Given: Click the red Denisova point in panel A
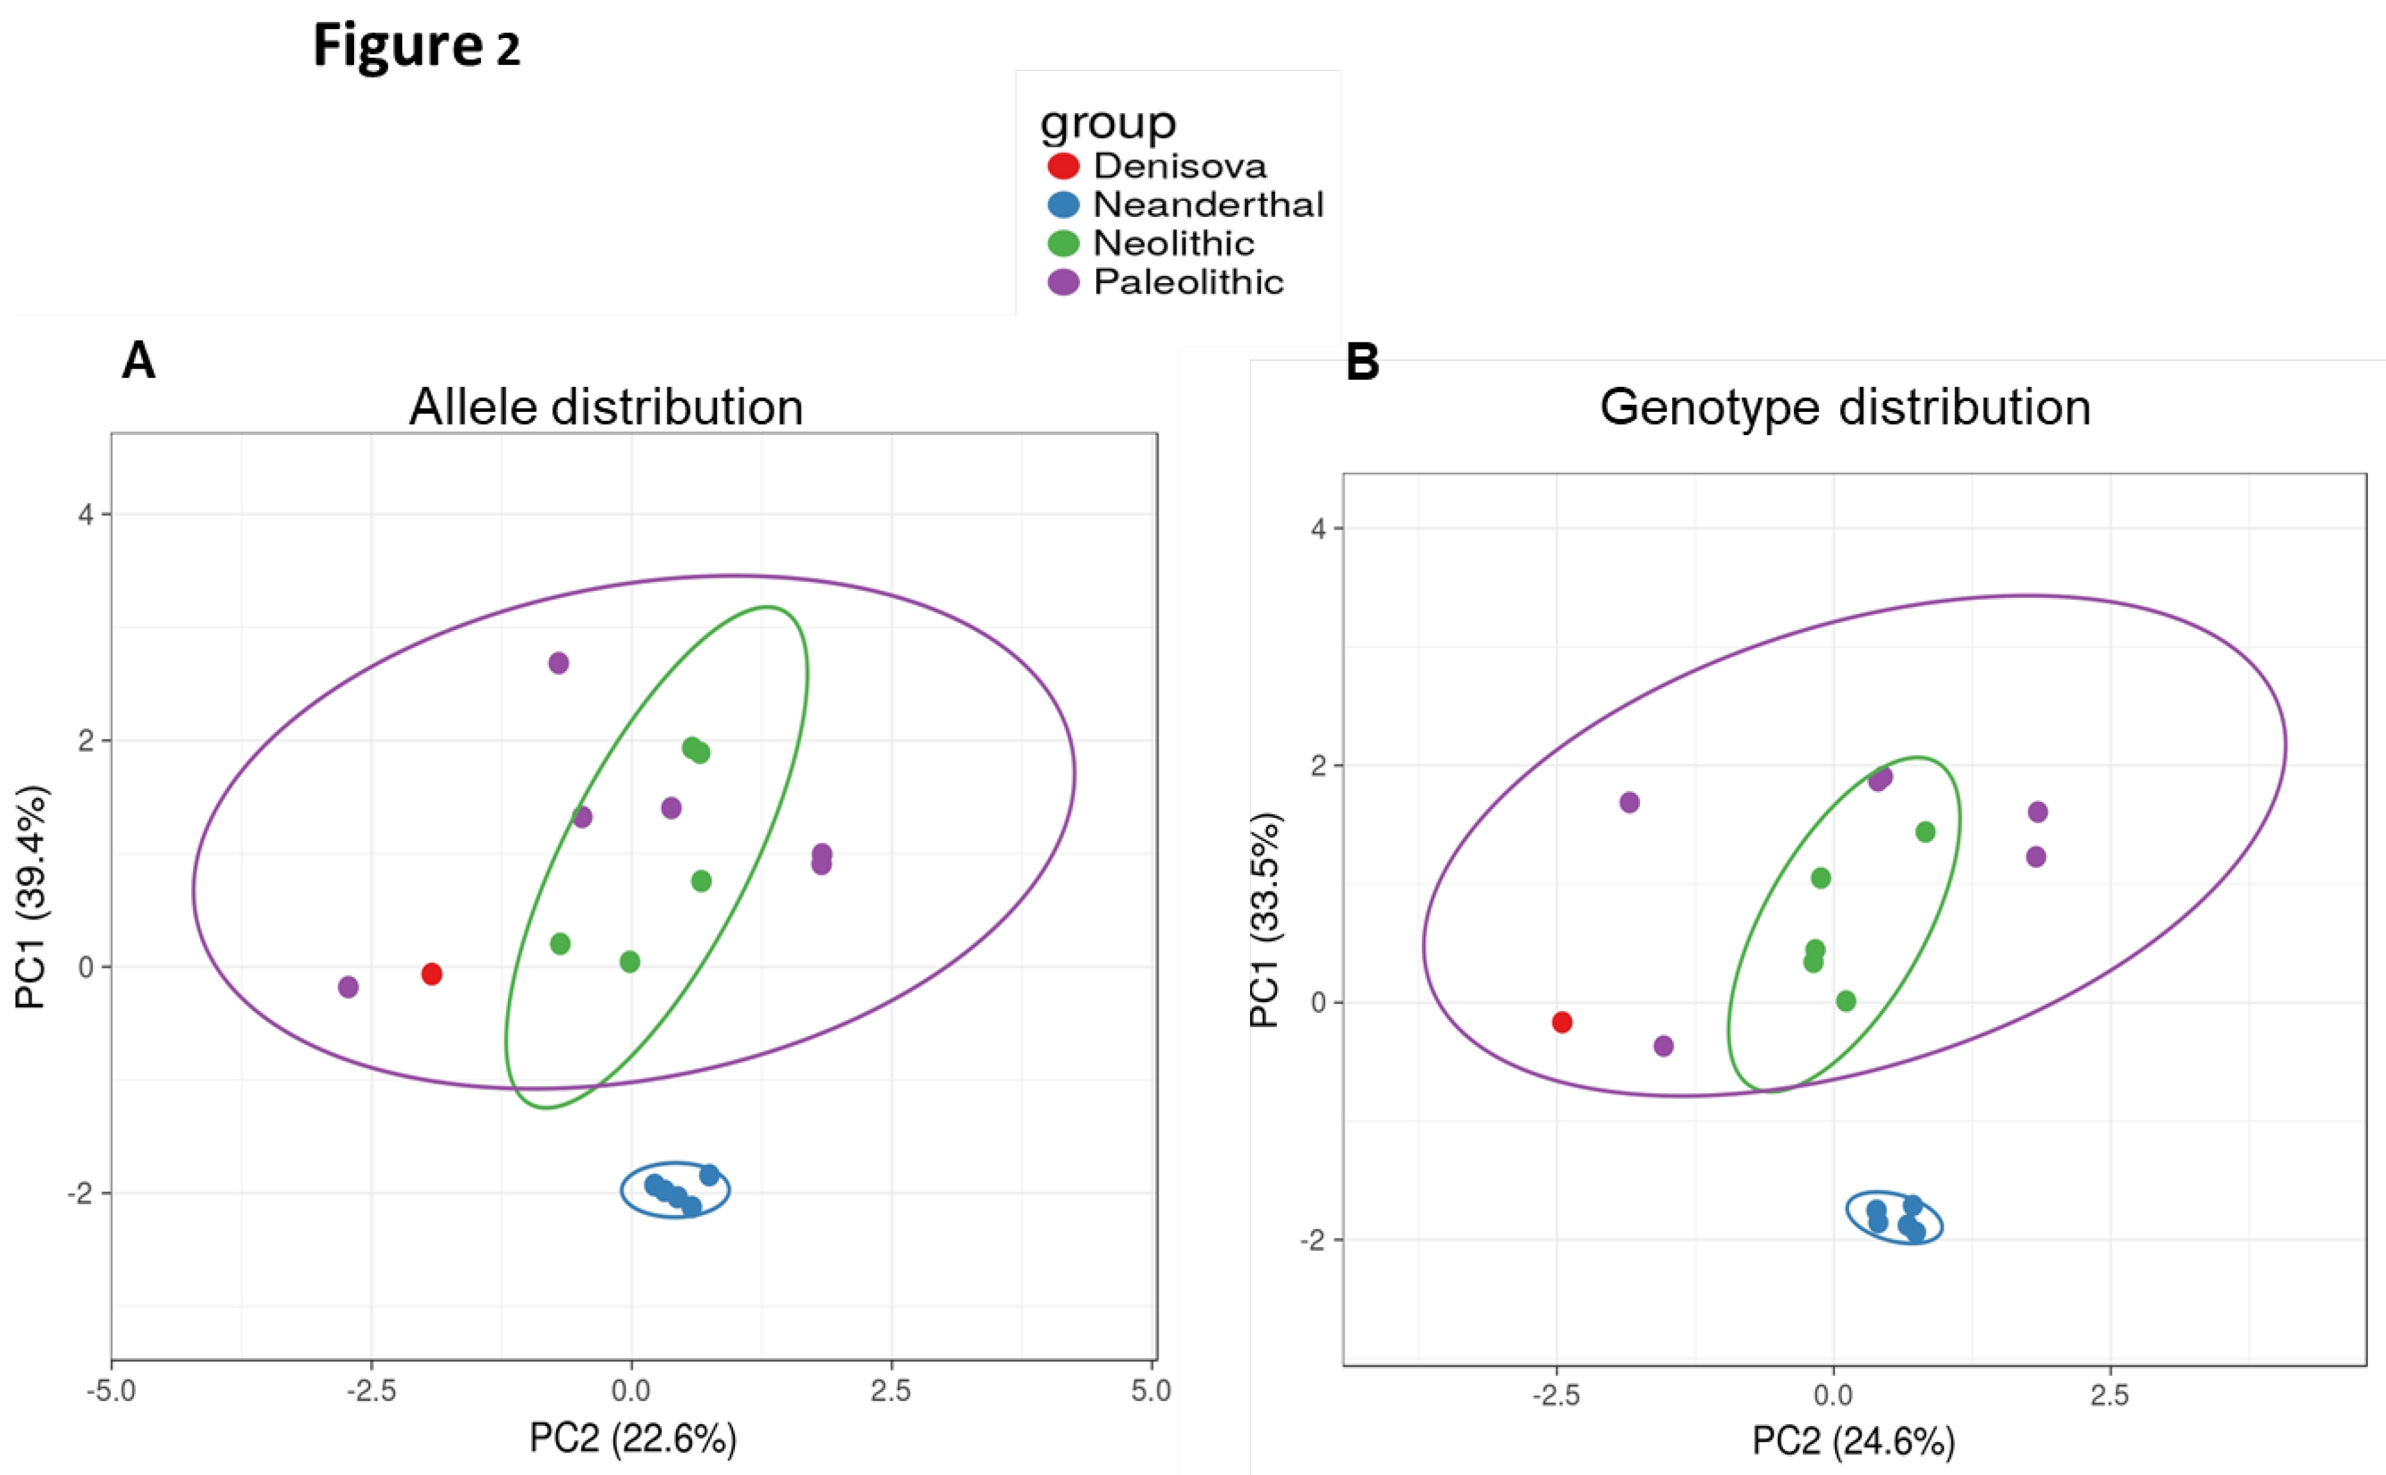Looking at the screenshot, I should pos(431,974).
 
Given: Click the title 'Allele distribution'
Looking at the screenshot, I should pos(606,407).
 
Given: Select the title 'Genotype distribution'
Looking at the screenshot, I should pos(1845,407).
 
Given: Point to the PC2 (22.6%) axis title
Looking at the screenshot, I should pos(632,1438).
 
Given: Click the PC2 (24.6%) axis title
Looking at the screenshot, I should pos(1854,1441).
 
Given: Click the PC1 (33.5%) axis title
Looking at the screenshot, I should pos(1265,920).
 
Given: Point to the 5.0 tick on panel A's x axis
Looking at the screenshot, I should pos(1151,1390).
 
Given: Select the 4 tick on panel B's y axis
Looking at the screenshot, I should pos(1319,529).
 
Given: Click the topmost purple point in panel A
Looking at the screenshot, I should pos(558,663).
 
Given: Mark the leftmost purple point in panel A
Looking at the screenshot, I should pos(348,987).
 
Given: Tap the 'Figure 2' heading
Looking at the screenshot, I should pos(416,46).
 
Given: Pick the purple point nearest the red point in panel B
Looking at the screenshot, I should pos(1663,1046).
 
